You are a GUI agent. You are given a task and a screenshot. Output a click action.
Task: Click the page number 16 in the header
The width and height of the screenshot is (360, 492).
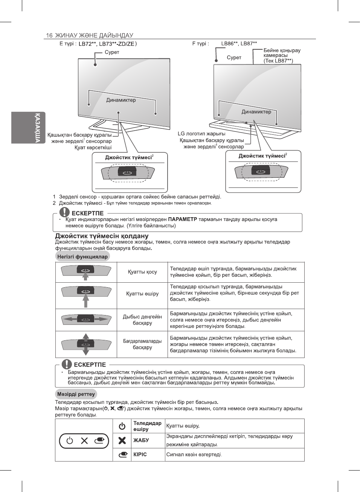[49, 35]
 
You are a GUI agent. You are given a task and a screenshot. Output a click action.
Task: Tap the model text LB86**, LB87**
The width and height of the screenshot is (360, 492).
[239, 44]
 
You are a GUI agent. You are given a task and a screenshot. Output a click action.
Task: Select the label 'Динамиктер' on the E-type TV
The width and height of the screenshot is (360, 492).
[121, 100]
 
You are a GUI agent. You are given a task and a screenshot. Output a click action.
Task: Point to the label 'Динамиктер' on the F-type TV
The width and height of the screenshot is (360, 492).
[256, 112]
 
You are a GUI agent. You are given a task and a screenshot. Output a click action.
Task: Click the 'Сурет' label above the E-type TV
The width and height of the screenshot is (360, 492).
[112, 52]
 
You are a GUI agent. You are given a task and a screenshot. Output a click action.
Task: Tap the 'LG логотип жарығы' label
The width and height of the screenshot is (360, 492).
[201, 134]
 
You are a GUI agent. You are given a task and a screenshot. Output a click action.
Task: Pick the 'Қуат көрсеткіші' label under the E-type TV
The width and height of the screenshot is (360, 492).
[93, 148]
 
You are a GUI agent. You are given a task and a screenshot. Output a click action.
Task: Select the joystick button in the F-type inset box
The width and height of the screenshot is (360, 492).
[261, 171]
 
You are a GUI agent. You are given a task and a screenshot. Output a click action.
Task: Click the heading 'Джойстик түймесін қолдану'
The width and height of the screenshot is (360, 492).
[102, 236]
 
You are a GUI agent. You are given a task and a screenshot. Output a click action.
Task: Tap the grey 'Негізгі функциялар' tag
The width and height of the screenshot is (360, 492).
[82, 257]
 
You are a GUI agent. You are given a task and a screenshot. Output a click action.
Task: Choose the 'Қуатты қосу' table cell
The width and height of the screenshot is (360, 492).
[142, 272]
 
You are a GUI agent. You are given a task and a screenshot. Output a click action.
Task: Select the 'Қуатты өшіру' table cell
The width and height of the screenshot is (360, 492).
[142, 294]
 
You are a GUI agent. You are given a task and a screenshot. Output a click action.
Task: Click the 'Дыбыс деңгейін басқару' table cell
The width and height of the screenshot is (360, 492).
[142, 320]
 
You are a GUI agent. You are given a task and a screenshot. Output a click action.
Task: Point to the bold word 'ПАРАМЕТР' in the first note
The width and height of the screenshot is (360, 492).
[182, 219]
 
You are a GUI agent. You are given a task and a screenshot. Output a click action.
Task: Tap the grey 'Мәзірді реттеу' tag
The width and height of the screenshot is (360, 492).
[76, 394]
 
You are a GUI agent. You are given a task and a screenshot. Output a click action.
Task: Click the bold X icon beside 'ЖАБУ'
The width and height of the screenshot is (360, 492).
[122, 440]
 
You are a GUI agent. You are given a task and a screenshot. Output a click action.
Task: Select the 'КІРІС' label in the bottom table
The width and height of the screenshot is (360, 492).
[140, 454]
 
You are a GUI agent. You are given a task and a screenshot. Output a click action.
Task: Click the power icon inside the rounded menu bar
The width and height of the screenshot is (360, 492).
[70, 441]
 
